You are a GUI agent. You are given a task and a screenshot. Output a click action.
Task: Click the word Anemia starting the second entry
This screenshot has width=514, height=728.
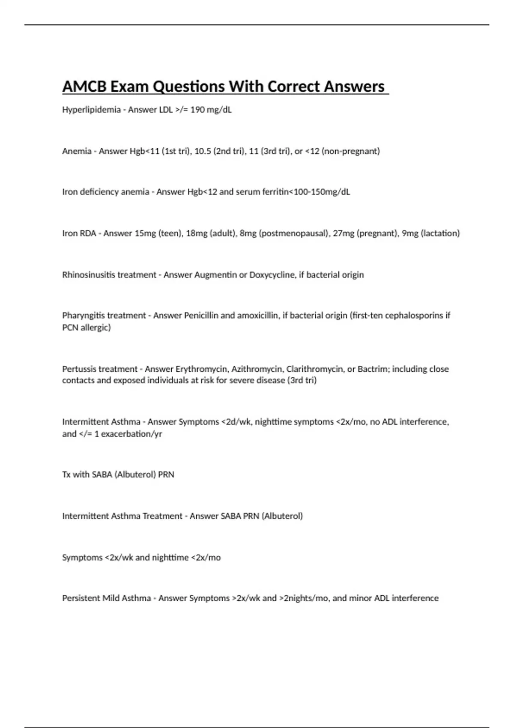pos(77,151)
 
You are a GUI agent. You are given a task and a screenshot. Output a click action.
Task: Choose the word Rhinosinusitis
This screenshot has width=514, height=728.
pos(88,275)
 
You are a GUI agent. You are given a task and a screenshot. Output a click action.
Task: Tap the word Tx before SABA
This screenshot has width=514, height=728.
pos(66,474)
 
